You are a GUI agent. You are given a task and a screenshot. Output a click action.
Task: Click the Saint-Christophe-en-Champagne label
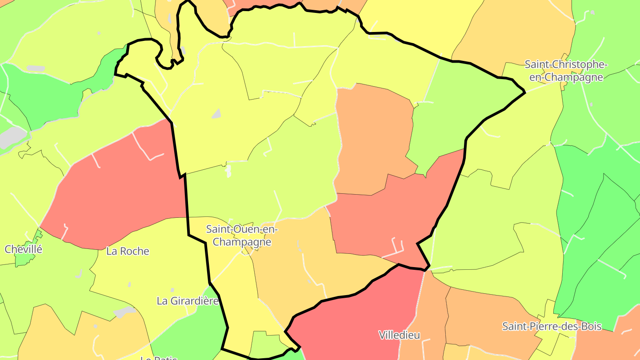point(566,71)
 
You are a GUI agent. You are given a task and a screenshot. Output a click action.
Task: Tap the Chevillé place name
point(24,249)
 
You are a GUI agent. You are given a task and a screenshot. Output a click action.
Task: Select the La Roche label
point(128,251)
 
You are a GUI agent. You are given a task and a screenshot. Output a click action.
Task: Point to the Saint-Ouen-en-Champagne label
point(242,236)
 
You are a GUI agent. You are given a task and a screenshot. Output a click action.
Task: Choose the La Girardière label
point(188,301)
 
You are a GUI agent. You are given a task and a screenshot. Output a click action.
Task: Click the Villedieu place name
point(399,335)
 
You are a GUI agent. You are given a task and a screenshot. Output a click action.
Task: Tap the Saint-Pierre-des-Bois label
point(552,327)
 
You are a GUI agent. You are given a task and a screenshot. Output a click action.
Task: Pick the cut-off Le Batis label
point(159,357)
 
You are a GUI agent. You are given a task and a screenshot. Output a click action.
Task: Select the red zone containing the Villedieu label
point(356,320)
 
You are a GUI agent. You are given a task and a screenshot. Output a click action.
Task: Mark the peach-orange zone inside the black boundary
point(373,138)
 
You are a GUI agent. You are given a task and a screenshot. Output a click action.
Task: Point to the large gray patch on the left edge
point(12,137)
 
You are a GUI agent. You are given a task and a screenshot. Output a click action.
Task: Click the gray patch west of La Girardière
point(124,312)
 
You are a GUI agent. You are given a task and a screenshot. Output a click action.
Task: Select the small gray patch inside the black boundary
point(216,113)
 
